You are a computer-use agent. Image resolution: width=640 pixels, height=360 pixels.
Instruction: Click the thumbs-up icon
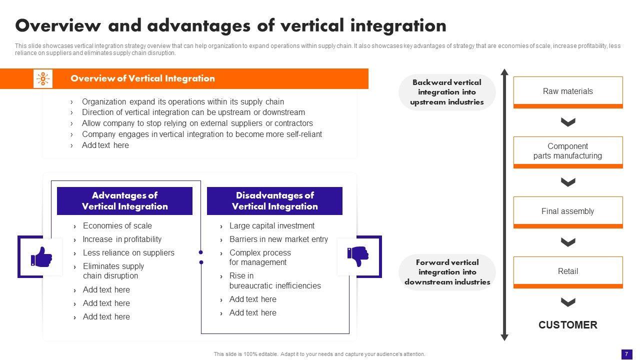41,256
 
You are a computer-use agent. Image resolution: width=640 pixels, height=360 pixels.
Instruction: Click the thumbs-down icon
357,256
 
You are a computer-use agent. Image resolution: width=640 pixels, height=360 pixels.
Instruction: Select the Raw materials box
568,92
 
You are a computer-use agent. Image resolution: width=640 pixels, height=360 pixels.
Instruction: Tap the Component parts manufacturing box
568,152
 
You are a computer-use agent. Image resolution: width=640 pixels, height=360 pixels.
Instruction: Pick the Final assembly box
568,212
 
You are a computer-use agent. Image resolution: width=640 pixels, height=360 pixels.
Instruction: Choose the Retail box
568,272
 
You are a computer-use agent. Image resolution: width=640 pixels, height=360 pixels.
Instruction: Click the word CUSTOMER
567,325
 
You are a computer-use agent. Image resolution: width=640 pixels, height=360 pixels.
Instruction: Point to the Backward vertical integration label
447,92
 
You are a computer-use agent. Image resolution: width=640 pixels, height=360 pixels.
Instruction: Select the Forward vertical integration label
447,272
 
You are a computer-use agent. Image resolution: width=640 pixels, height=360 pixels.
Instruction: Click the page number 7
626,353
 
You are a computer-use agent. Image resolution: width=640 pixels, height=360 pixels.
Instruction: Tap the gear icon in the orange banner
43,78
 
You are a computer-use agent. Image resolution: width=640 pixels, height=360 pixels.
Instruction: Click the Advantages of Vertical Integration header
124,201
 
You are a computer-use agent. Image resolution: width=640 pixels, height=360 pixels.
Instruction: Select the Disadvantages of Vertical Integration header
274,201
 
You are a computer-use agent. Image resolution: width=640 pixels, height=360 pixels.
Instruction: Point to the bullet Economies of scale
117,225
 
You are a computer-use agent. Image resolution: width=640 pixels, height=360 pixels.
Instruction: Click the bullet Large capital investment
271,225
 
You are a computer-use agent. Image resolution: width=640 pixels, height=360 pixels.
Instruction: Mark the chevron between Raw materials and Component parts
568,122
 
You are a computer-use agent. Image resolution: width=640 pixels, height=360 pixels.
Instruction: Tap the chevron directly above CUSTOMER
568,302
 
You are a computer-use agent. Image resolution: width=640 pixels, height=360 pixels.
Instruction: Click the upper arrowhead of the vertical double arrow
504,71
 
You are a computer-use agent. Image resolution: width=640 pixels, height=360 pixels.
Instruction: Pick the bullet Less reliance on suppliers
128,252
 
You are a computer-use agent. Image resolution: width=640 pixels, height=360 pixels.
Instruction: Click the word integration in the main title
398,25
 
